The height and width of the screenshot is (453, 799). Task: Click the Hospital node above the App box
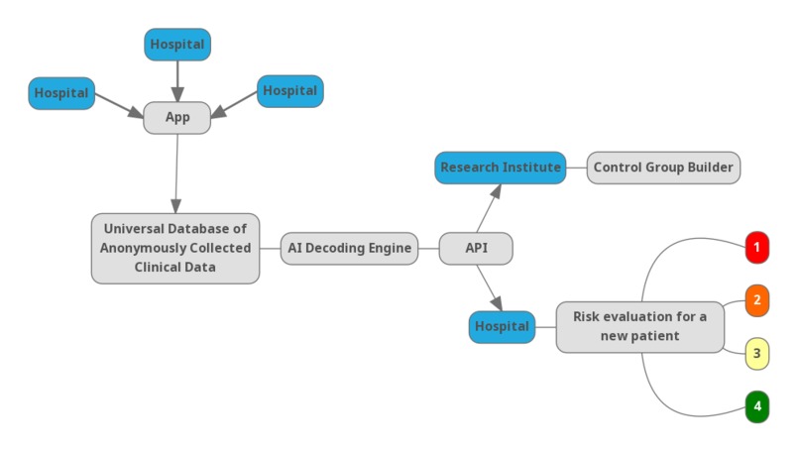(x=177, y=44)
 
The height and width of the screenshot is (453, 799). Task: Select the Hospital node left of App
(x=61, y=93)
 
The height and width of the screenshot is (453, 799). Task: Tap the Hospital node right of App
(x=289, y=90)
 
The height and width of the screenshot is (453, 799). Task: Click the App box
(x=177, y=118)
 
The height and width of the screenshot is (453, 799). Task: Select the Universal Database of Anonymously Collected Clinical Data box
(x=174, y=248)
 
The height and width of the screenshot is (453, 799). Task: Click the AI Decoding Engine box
(x=349, y=248)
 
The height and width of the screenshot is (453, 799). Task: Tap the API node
(x=476, y=248)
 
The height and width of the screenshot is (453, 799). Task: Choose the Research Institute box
(x=501, y=168)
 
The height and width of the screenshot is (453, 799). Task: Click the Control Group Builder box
(x=663, y=168)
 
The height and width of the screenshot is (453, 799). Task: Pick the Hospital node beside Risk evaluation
(x=502, y=326)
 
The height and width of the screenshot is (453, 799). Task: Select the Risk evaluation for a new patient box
(x=639, y=326)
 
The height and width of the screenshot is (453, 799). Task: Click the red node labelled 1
(x=756, y=247)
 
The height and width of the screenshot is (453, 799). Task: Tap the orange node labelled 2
(x=756, y=299)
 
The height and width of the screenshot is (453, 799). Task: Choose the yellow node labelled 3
(x=756, y=352)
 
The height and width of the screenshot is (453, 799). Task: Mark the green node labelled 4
(x=756, y=405)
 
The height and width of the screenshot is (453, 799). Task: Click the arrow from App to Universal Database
(x=176, y=173)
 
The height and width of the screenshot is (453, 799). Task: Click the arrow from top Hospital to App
(x=177, y=79)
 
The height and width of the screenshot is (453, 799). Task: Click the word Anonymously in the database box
(x=149, y=248)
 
